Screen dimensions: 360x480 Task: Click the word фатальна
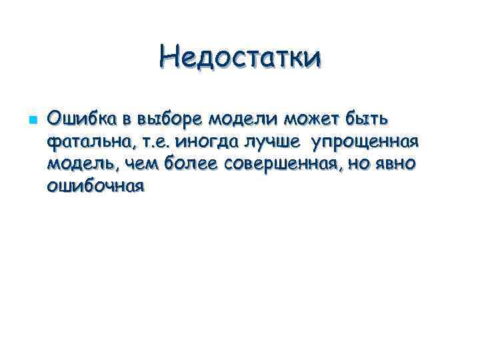[87, 142]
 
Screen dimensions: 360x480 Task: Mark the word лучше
[273, 142]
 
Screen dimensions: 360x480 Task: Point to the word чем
[129, 164]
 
